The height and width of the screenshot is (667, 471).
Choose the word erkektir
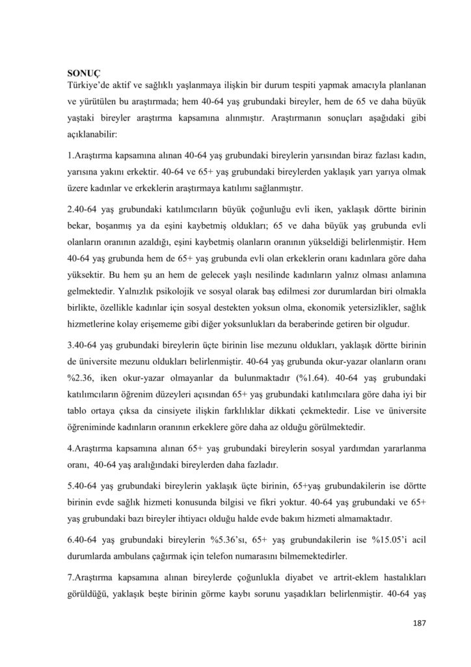135,172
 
